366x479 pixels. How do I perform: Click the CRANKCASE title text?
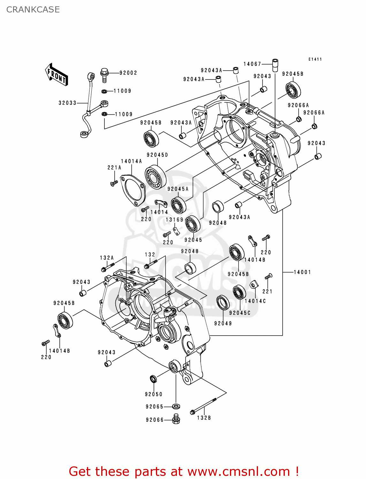[33, 10]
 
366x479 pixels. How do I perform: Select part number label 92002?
[128, 73]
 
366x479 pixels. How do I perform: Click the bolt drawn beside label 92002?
[104, 74]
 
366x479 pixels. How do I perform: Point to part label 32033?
[67, 103]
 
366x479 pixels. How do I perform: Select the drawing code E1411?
[315, 59]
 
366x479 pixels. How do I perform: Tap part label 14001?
[302, 272]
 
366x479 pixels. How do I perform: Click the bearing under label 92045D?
[156, 177]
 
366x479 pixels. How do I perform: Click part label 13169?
[174, 220]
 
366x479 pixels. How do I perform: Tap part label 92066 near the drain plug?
[155, 420]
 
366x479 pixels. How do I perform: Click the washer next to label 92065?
[176, 407]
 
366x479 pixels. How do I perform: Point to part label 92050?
[154, 394]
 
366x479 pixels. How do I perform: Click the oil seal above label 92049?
[223, 303]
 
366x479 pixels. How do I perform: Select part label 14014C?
[255, 301]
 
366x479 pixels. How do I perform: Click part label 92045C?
[240, 313]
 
